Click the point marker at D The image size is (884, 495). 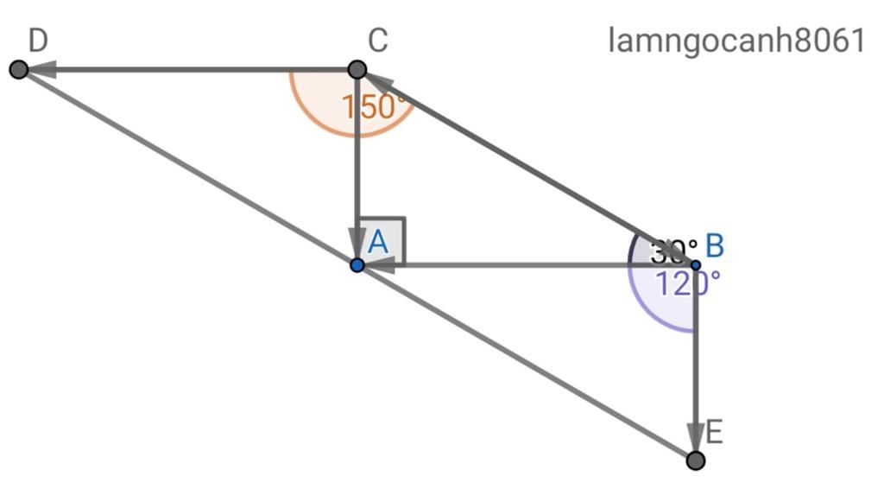tap(18, 69)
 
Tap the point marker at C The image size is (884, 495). tap(357, 69)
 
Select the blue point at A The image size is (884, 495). tap(357, 264)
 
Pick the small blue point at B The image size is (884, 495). tap(696, 264)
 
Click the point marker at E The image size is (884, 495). tap(696, 460)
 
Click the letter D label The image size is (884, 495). tap(37, 40)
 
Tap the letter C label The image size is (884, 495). tap(377, 40)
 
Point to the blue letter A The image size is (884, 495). tap(378, 243)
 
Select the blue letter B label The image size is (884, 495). tap(715, 245)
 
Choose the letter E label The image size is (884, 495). tap(714, 433)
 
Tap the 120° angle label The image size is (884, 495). tap(687, 283)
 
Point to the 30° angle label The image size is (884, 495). tap(673, 252)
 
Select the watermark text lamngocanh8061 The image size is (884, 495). tap(736, 40)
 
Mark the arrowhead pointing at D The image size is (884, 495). tap(43, 69)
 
